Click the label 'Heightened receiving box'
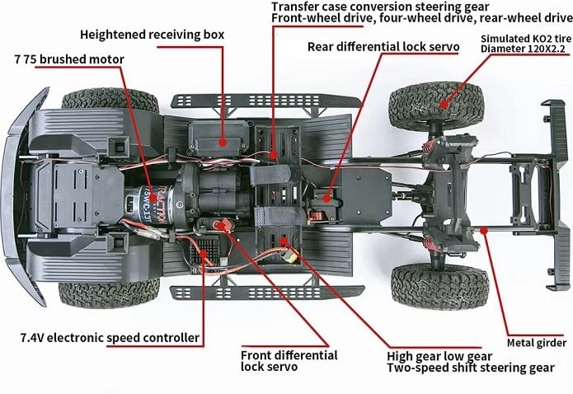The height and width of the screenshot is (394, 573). pyautogui.click(x=152, y=35)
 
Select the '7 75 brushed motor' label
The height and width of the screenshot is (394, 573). pyautogui.click(x=69, y=59)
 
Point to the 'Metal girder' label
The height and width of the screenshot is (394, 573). pyautogui.click(x=537, y=343)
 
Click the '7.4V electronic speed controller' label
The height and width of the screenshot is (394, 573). pyautogui.click(x=109, y=338)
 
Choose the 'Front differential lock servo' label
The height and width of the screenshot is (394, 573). pyautogui.click(x=289, y=361)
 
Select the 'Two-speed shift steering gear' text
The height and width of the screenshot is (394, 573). pyautogui.click(x=470, y=368)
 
